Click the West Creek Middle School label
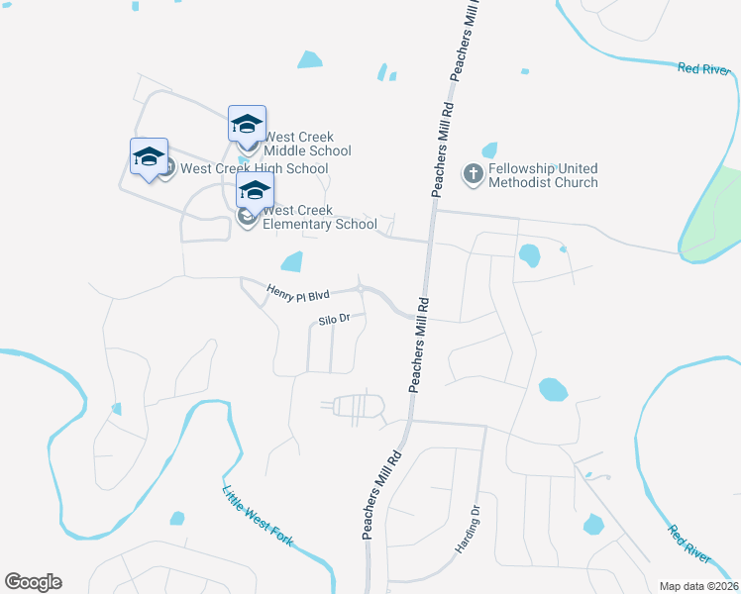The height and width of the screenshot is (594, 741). pos(307,144)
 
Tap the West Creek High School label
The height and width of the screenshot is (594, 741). pos(254,168)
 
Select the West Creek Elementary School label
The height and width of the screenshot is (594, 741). pos(319,217)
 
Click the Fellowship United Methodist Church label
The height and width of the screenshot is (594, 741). pos(543,175)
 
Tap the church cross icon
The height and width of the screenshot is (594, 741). pos(474,175)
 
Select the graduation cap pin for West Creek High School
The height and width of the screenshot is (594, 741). pos(149,157)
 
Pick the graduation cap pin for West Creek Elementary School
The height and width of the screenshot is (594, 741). pos(255,191)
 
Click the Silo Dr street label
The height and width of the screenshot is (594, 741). pos(335,320)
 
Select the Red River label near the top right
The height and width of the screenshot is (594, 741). pos(702,68)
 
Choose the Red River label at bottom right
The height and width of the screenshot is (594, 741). pos(688,543)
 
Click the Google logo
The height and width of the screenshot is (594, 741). pos(34,582)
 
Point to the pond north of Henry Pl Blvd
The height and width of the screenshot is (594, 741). pos(292,261)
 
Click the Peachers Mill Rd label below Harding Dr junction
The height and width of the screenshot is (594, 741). pos(381,495)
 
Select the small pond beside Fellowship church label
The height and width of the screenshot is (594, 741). pos(489,150)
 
